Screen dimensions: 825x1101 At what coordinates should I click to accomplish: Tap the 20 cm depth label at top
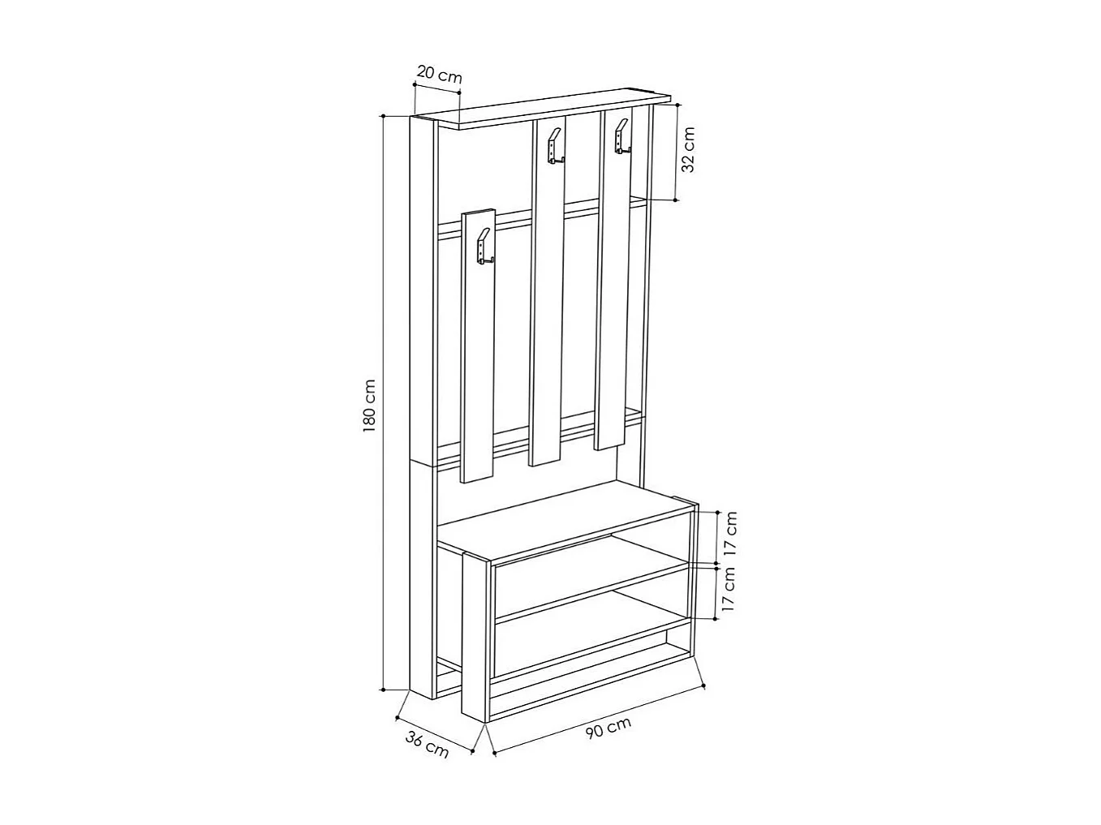coord(439,75)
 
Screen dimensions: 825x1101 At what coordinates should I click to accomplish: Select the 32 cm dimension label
coord(688,150)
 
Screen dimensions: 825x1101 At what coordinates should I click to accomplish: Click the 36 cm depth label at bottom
coord(427,745)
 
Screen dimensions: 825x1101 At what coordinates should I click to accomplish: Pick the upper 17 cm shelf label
coord(731,533)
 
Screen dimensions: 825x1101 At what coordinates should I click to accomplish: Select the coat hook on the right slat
coord(621,136)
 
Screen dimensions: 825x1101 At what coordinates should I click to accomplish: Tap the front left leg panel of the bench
coord(475,637)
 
